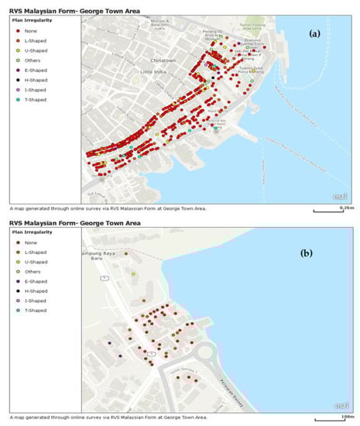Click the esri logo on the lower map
pyautogui.click(x=340, y=407)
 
